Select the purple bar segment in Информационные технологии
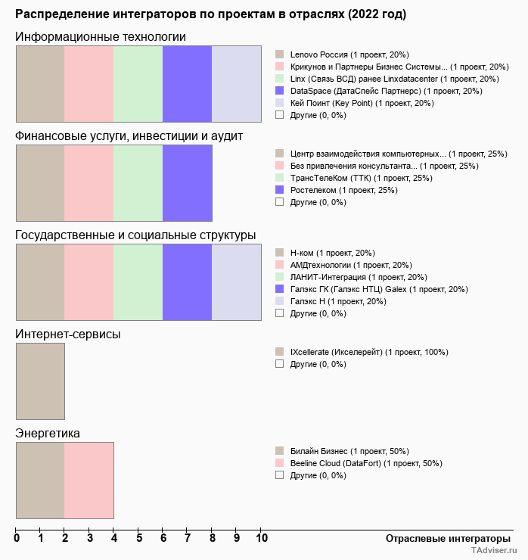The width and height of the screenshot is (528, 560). [187, 83]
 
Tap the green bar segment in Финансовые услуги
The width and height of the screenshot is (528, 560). [138, 182]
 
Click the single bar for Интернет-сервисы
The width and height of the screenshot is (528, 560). [40, 381]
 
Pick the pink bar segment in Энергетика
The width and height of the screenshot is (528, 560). [89, 481]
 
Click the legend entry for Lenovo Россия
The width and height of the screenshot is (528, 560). [349, 54]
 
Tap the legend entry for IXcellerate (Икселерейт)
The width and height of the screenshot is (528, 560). [369, 352]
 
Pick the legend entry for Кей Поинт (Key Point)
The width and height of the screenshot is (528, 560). [362, 103]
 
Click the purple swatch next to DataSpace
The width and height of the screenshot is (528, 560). [279, 91]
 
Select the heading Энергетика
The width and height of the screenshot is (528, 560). [48, 433]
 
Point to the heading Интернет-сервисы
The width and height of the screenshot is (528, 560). [68, 334]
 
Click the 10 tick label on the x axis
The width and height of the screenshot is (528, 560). [262, 539]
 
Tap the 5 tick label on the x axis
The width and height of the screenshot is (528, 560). [139, 539]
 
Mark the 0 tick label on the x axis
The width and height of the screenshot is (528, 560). [17, 539]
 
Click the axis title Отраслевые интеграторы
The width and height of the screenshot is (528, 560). [443, 539]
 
